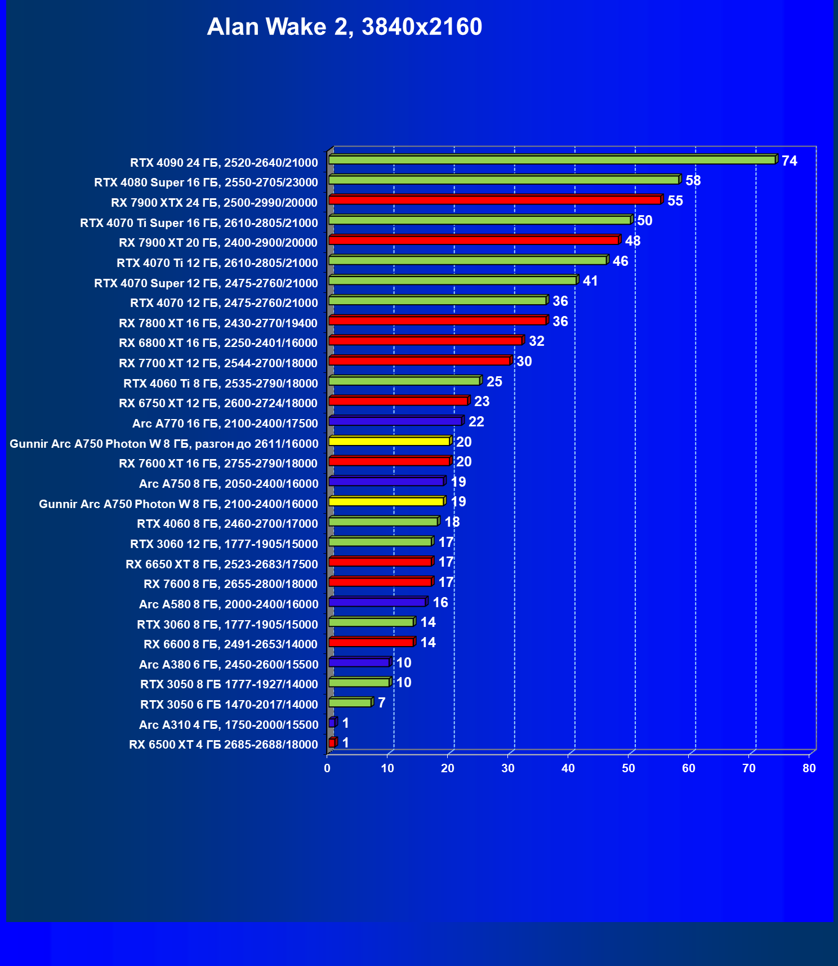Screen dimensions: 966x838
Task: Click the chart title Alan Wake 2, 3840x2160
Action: point(344,26)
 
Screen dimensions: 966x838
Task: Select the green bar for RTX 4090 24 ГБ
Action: point(552,160)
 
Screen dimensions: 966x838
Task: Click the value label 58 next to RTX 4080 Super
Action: point(693,181)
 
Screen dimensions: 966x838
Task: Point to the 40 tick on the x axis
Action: point(568,768)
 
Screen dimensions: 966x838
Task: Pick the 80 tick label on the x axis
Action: point(809,768)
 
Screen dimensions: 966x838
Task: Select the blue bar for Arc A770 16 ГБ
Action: point(395,421)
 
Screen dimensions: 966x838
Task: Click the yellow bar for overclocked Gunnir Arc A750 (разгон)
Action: point(389,441)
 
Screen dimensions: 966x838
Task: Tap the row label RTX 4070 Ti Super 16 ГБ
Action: point(199,223)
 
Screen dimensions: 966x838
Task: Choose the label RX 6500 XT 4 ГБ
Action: point(224,745)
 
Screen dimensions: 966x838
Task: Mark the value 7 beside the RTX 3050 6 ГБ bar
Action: point(381,703)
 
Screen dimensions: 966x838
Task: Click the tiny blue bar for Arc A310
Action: point(332,723)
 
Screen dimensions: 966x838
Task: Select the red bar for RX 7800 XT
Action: point(437,320)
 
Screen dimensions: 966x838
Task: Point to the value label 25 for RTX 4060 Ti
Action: point(494,382)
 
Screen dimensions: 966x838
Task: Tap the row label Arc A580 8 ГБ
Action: point(229,604)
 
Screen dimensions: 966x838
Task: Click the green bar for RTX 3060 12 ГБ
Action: point(380,542)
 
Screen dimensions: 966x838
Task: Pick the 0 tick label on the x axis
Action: point(327,768)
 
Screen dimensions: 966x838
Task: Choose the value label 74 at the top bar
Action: point(789,161)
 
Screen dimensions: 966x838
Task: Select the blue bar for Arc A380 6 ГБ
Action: point(359,662)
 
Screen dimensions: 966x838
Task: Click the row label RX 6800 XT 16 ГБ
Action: point(218,343)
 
